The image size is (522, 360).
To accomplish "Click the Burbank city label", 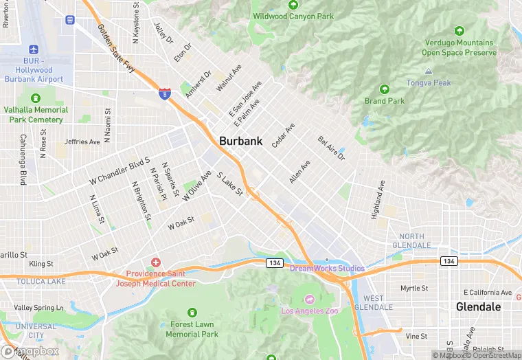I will (240, 141).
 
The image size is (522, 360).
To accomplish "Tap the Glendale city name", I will (478, 306).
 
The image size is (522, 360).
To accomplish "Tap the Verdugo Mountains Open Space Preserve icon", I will (459, 31).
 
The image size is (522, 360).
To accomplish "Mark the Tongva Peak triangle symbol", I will (429, 71).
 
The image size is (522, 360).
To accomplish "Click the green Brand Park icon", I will (385, 89).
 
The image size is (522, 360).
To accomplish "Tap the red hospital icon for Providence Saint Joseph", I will (156, 262).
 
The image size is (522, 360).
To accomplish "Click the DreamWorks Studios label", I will (327, 268).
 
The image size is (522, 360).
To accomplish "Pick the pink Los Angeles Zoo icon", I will (309, 299).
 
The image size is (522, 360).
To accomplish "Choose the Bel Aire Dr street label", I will (331, 148).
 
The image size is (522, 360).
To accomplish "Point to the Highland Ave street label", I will (378, 200).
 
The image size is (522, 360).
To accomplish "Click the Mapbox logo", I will (30, 351).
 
